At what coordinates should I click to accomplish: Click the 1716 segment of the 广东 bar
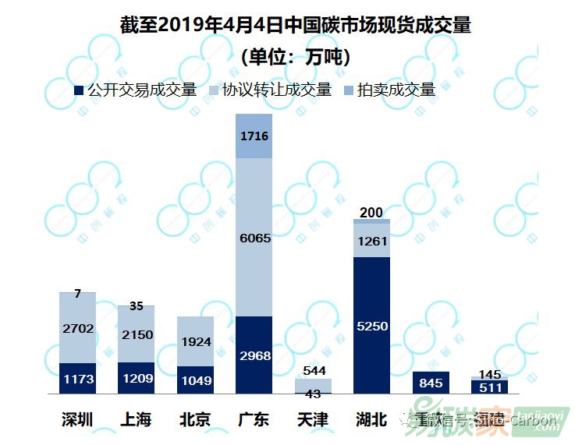[254, 136]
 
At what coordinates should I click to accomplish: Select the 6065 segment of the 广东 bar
[254, 238]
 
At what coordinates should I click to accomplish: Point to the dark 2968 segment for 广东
[254, 355]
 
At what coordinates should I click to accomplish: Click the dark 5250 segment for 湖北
[372, 326]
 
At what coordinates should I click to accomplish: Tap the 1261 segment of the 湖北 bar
[372, 241]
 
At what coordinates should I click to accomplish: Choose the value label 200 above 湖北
[372, 213]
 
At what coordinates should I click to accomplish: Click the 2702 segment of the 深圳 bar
[78, 328]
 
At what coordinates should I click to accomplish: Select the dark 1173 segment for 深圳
[78, 379]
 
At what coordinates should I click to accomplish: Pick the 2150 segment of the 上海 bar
[137, 334]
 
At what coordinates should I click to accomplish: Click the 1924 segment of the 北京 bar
[195, 341]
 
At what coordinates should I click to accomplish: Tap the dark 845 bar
[431, 383]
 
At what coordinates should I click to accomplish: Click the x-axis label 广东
[254, 420]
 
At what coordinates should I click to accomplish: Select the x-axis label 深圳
[78, 420]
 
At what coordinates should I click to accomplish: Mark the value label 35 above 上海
[137, 306]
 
